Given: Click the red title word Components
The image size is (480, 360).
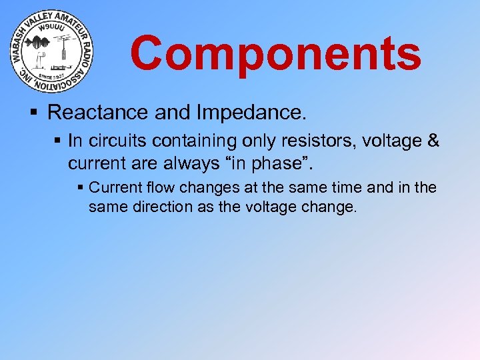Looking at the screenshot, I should tap(275, 53).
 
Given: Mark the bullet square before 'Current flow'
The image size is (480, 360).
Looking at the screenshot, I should tap(81, 188).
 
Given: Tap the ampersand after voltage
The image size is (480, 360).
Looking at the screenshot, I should tap(432, 142).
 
